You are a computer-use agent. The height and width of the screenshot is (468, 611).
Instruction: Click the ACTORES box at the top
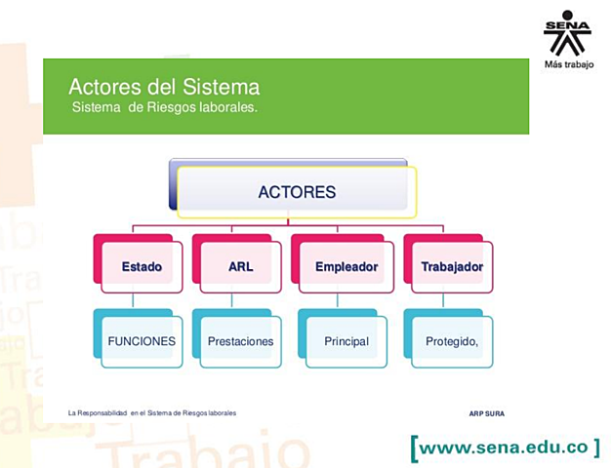pos(297,192)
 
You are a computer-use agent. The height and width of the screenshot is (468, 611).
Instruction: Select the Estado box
pos(142,266)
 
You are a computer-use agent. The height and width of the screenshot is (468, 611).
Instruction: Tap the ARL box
pos(240,266)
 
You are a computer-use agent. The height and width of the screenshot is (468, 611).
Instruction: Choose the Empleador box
pos(346,266)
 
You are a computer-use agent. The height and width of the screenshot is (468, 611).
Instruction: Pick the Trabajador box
pos(451,266)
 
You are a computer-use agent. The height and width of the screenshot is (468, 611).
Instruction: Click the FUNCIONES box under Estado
pos(142,341)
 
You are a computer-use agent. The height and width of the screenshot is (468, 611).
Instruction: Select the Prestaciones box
pos(240,341)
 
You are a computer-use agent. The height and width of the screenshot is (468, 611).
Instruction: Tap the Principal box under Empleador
pos(346,341)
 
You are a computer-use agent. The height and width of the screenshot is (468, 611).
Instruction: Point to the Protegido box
pos(451,341)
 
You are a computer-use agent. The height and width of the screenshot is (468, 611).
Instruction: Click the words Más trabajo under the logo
pos(568,65)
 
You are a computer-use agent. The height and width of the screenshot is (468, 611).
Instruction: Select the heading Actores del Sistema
pos(164,88)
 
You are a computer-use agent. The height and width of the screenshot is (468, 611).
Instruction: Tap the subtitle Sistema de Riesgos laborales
pos(165,106)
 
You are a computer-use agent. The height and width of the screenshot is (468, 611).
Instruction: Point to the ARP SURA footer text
pos(487,413)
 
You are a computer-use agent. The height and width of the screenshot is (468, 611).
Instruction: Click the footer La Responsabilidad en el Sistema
pos(152,413)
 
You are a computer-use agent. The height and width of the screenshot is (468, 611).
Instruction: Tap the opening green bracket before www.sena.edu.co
pos(416,448)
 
